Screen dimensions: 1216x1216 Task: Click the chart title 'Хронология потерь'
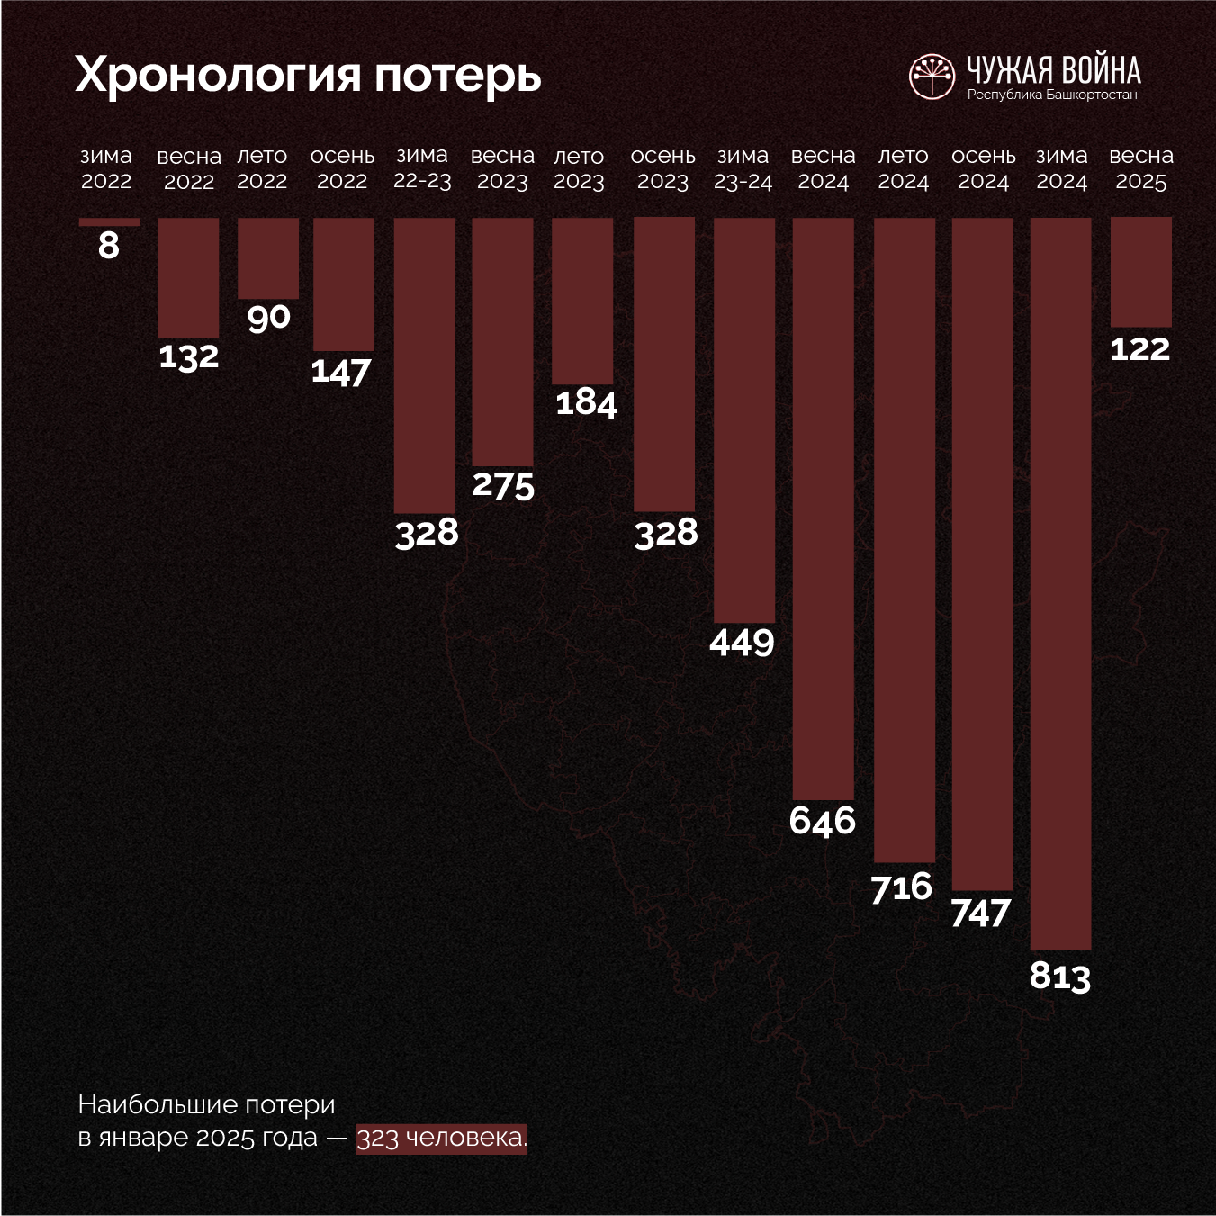click(x=308, y=74)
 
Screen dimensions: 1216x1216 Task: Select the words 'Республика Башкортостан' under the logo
click(x=1052, y=95)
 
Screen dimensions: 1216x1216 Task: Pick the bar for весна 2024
click(x=823, y=508)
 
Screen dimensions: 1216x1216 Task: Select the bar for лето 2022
click(x=268, y=257)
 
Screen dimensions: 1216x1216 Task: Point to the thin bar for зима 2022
click(x=109, y=221)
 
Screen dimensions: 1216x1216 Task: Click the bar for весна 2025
click(x=1140, y=272)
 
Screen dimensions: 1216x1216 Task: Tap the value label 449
click(x=742, y=643)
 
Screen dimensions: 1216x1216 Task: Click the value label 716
click(x=902, y=887)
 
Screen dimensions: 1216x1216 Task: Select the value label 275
click(x=503, y=485)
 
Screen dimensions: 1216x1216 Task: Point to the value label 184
click(x=586, y=402)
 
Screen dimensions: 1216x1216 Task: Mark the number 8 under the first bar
click(x=109, y=245)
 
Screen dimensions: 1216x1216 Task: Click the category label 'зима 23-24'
click(x=743, y=168)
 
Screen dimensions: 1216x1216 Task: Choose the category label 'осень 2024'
click(x=983, y=168)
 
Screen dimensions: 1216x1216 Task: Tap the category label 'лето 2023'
click(x=579, y=168)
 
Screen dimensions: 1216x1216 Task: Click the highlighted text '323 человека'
click(x=440, y=1138)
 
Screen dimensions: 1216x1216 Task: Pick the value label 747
click(x=981, y=914)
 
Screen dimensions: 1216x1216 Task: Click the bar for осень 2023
click(x=664, y=364)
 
